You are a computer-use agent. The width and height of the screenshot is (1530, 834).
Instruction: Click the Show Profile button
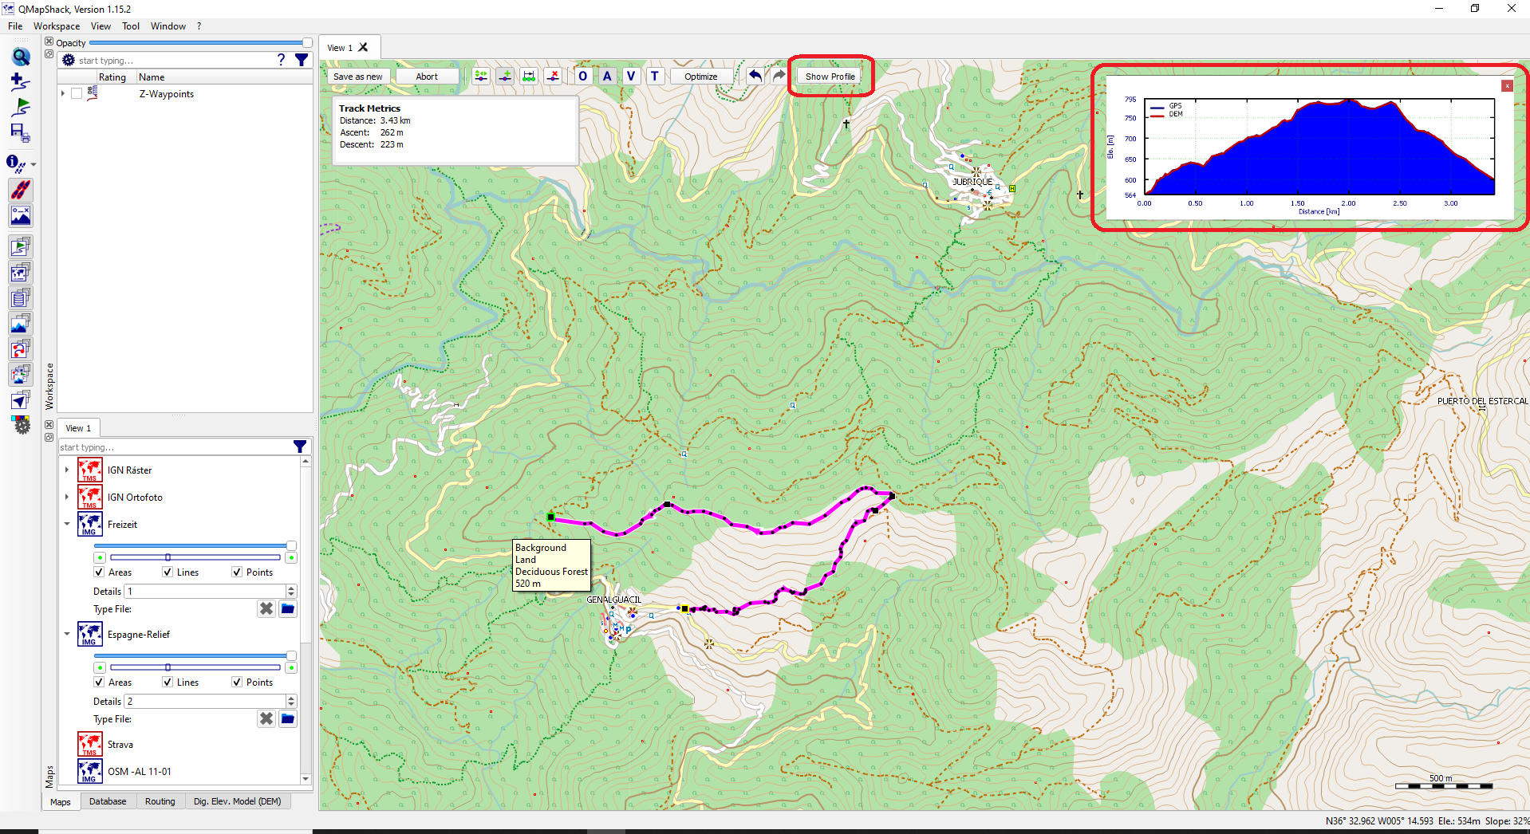click(830, 77)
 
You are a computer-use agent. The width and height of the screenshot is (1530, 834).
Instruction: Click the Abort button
click(427, 77)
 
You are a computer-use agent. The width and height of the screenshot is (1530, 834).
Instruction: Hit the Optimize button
click(700, 77)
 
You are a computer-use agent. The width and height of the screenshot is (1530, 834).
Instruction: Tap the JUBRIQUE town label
click(972, 182)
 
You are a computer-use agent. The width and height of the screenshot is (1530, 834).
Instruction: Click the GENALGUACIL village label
click(613, 600)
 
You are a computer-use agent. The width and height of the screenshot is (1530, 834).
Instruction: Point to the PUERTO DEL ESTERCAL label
click(1482, 401)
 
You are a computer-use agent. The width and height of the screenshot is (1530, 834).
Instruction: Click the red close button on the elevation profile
click(1507, 86)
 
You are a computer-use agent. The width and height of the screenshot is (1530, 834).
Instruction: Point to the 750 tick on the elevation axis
click(1130, 118)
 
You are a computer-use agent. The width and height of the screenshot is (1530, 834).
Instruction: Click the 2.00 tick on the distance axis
click(1348, 203)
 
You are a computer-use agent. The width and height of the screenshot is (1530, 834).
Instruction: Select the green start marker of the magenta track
click(550, 517)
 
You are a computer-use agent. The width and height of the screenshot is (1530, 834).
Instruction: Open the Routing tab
click(160, 801)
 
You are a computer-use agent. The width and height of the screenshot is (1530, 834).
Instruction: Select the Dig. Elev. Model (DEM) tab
click(237, 801)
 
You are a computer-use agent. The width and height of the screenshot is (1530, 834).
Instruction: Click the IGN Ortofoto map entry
click(135, 498)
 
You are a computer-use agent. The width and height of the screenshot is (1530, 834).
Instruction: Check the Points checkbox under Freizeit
click(237, 572)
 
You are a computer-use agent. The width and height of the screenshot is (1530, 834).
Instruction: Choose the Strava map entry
click(120, 745)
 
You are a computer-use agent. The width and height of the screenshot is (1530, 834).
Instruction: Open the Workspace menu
click(56, 26)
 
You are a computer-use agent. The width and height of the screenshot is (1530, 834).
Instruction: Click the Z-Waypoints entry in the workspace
click(167, 94)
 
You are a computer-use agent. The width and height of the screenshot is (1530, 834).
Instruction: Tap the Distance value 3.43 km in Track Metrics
click(395, 120)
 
